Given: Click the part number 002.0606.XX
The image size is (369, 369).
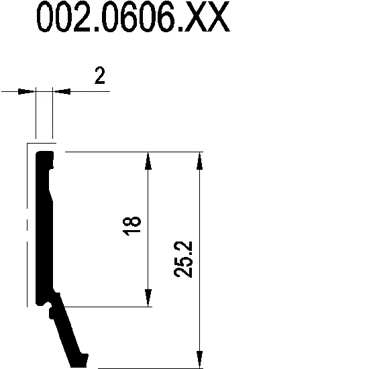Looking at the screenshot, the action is [134, 16].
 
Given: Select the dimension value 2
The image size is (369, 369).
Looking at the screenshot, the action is [100, 75].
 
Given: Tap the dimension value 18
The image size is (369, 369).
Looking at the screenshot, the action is [131, 226].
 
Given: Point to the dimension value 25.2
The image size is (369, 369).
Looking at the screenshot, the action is [183, 260].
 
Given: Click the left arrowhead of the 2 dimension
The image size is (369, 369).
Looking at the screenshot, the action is [26, 91].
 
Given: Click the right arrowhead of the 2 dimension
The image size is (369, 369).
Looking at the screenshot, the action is [62, 91].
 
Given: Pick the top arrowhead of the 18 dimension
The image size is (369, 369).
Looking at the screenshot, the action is [148, 161].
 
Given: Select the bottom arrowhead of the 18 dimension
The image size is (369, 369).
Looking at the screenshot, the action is [148, 298].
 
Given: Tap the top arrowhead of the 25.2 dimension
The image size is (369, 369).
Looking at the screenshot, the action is [199, 161].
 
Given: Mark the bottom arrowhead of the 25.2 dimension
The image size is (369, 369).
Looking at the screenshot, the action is [199, 360].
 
